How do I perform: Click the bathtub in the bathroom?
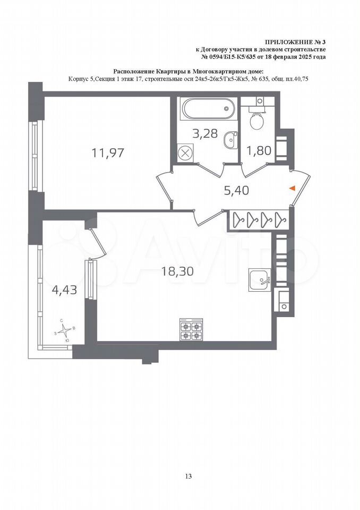coord(208,109)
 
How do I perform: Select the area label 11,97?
coord(108,152)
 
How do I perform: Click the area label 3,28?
coord(204,133)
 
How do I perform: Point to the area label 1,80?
coord(259,150)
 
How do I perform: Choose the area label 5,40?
coord(236,190)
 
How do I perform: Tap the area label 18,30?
coord(177,271)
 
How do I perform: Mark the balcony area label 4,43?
coord(64,290)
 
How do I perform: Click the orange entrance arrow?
coord(292,188)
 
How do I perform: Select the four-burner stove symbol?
coord(191,330)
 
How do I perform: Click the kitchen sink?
coord(260,280)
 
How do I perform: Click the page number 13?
coord(188,476)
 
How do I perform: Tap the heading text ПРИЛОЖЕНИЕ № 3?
coord(295,42)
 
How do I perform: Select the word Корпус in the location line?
coord(77,79)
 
